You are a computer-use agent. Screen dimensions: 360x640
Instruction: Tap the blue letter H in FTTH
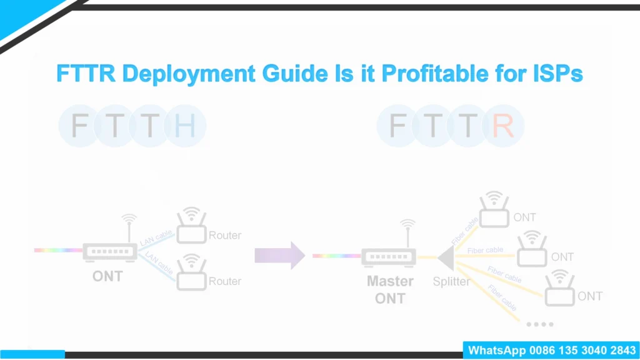tap(185, 126)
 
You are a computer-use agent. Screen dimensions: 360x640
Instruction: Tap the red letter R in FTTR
tap(503, 126)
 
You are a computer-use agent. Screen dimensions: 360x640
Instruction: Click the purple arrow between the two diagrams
tap(279, 255)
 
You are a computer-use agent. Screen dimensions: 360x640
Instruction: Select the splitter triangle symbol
tap(446, 257)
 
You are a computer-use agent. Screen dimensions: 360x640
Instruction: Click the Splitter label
tap(451, 282)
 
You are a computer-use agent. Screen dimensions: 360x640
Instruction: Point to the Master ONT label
tap(390, 289)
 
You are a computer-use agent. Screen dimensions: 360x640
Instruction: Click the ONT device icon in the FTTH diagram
tap(110, 252)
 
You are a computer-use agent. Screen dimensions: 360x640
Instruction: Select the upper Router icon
tap(191, 227)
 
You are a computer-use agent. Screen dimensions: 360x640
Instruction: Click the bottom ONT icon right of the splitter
tap(559, 289)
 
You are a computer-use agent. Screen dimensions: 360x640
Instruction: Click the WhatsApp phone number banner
tap(551, 351)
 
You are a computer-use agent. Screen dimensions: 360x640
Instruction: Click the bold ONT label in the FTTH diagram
tap(107, 276)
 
